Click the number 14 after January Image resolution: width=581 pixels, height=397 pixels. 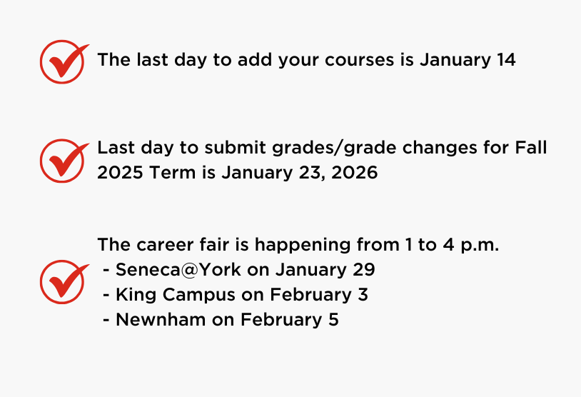pyautogui.click(x=506, y=60)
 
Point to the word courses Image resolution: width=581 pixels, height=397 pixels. pyautogui.click(x=359, y=61)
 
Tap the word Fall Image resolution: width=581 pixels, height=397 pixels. pyautogui.click(x=530, y=148)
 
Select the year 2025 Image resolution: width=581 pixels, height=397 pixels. pyautogui.click(x=120, y=173)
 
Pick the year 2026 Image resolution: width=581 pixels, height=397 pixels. pyautogui.click(x=355, y=173)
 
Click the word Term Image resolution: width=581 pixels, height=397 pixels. pyautogui.click(x=172, y=173)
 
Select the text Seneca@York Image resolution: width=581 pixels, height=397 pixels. pyautogui.click(x=178, y=270)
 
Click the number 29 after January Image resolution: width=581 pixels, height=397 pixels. pyautogui.click(x=363, y=269)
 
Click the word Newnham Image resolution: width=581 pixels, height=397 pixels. pyautogui.click(x=161, y=319)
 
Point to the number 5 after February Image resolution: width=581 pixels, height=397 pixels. pyautogui.click(x=333, y=319)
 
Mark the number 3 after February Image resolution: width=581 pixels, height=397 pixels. pyautogui.click(x=363, y=295)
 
